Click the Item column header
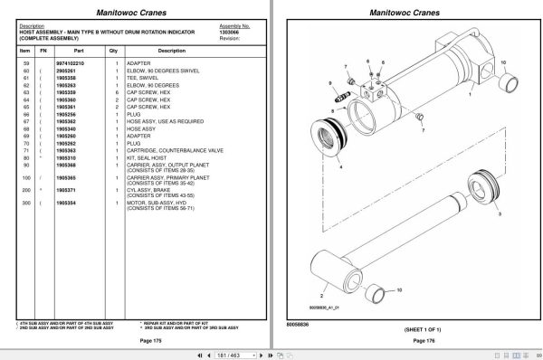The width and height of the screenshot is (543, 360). click(25, 51)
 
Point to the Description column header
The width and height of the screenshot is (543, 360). click(176, 51)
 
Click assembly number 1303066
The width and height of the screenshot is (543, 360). click(228, 33)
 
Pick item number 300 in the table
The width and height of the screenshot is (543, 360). click(25, 204)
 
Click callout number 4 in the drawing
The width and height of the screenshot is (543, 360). click(339, 167)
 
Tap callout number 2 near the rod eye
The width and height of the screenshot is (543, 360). click(320, 295)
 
